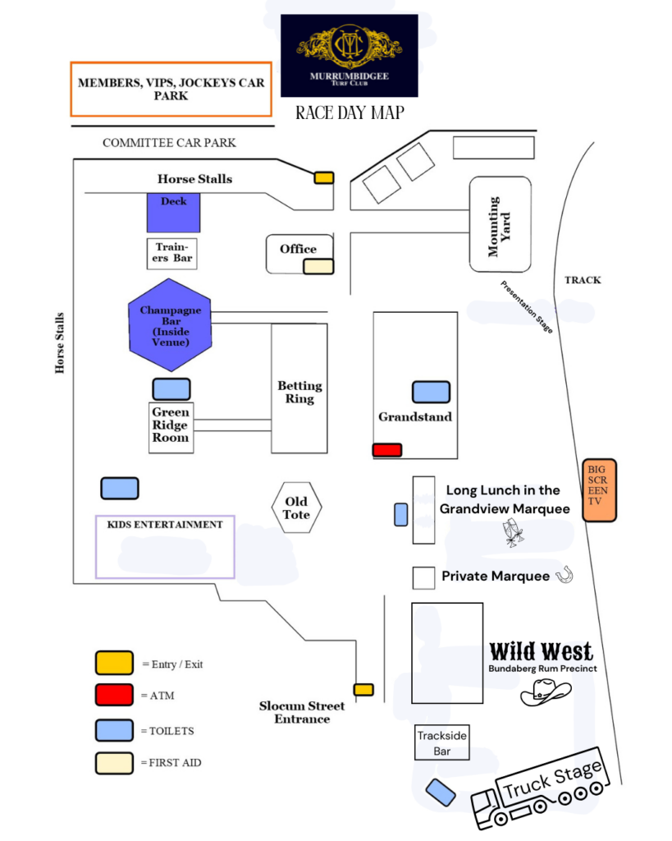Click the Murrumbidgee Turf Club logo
point(349,55)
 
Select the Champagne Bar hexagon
point(171,324)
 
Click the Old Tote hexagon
point(296,508)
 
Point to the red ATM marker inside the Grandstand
point(387,450)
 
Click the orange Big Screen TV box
point(599,490)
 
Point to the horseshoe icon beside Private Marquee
point(564,576)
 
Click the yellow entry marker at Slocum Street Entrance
point(363,690)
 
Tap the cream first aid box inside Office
point(318,266)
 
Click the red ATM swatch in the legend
point(114,695)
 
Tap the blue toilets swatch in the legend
point(114,729)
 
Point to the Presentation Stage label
point(528,307)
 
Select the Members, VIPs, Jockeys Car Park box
point(171,89)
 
